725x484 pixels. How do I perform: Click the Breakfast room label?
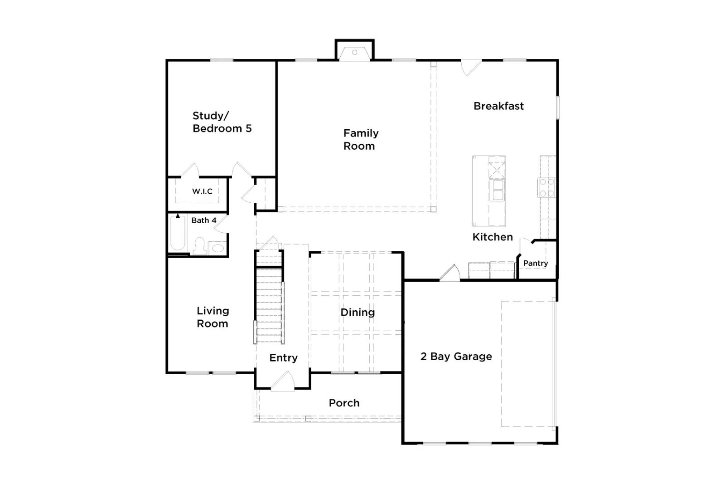[x=498, y=106]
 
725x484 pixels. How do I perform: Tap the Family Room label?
[x=361, y=139]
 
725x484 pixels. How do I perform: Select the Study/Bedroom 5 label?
[x=222, y=122]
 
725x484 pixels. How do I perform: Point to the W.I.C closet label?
[x=202, y=191]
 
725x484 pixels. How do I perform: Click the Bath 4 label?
[x=203, y=220]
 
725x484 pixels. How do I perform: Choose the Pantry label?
[x=536, y=263]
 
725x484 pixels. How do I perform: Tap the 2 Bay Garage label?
[x=456, y=357]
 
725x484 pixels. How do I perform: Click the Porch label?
[x=344, y=403]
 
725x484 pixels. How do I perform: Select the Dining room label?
[x=358, y=312]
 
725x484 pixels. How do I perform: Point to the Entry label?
[x=283, y=357]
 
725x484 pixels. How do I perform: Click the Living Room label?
[x=213, y=317]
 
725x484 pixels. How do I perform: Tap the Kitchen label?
[x=493, y=237]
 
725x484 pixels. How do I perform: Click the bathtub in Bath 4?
[x=178, y=233]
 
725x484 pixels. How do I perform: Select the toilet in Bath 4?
[x=199, y=246]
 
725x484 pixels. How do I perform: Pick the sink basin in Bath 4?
[x=217, y=248]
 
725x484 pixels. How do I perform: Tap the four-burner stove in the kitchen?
[x=546, y=188]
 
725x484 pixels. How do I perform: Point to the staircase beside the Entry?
[x=269, y=304]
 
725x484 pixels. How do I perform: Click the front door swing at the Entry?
[x=283, y=381]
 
